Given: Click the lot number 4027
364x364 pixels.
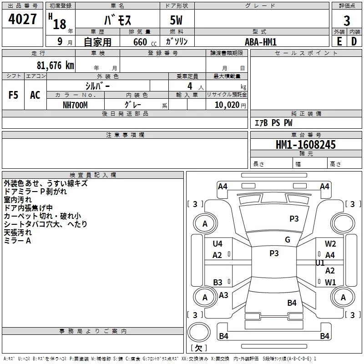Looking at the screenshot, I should (x=23, y=20).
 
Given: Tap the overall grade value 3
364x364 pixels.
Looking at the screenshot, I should (x=347, y=21).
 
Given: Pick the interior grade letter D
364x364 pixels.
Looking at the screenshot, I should (x=354, y=41).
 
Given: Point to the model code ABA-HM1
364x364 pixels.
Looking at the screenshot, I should (x=261, y=41).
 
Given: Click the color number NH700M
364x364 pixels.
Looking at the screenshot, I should (x=75, y=105).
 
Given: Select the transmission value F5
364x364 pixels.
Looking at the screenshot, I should (x=13, y=95).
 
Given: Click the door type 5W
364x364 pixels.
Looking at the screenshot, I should (x=177, y=21).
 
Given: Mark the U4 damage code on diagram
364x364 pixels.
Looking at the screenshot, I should (x=217, y=243).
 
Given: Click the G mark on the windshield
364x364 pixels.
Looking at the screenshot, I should (x=288, y=240).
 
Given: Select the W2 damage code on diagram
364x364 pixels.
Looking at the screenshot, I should (x=330, y=243).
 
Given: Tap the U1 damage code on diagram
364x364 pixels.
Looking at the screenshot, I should (x=320, y=263).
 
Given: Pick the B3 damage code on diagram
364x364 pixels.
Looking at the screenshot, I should (x=217, y=282).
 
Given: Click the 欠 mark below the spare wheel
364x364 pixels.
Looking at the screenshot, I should (x=198, y=348).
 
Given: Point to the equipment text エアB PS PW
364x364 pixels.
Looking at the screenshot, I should (x=273, y=123).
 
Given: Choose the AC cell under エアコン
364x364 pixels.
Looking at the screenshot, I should (x=35, y=95).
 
